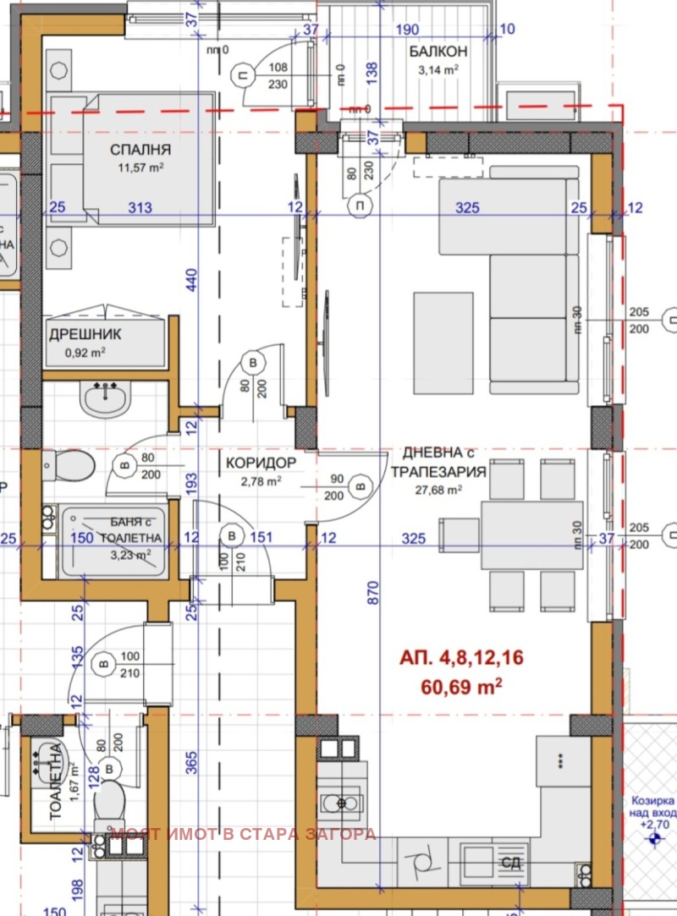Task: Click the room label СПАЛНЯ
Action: tap(140, 150)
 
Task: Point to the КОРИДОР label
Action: tap(261, 463)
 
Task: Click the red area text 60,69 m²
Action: tap(461, 687)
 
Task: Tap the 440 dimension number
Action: tap(191, 279)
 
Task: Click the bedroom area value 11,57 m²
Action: tap(140, 167)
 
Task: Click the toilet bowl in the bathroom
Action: tap(63, 463)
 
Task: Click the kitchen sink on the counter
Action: tap(342, 802)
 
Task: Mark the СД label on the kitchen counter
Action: tap(510, 864)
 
